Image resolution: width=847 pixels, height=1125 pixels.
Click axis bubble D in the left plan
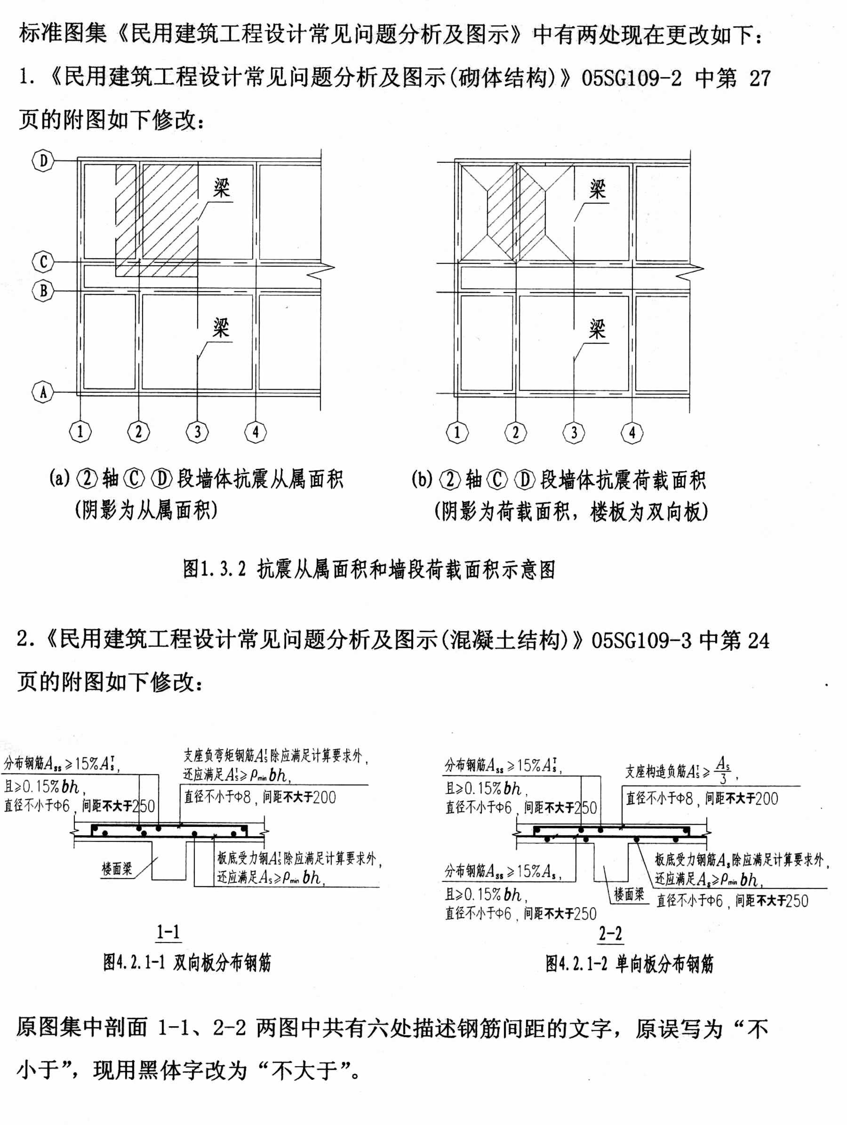click(43, 161)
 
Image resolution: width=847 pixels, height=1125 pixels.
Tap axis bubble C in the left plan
click(43, 262)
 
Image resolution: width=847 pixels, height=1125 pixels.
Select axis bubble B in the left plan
click(43, 291)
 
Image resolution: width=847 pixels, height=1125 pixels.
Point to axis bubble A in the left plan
click(43, 392)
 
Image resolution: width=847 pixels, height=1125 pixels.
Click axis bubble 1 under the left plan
click(80, 432)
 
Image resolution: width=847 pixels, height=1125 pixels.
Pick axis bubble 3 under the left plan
click(197, 432)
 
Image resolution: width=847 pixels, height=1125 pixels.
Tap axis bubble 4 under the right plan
click(632, 433)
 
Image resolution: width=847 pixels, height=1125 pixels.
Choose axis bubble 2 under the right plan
click(515, 433)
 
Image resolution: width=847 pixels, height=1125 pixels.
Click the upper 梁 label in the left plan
click(221, 189)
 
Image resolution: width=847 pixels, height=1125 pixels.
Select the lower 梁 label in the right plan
click(597, 330)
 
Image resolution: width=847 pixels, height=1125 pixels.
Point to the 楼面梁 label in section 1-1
click(117, 869)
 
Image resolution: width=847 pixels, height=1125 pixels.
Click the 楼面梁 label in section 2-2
click(629, 894)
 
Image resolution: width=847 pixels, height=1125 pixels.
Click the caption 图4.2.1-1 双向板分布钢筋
click(187, 963)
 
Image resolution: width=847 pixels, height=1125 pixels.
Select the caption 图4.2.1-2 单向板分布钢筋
click(629, 964)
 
